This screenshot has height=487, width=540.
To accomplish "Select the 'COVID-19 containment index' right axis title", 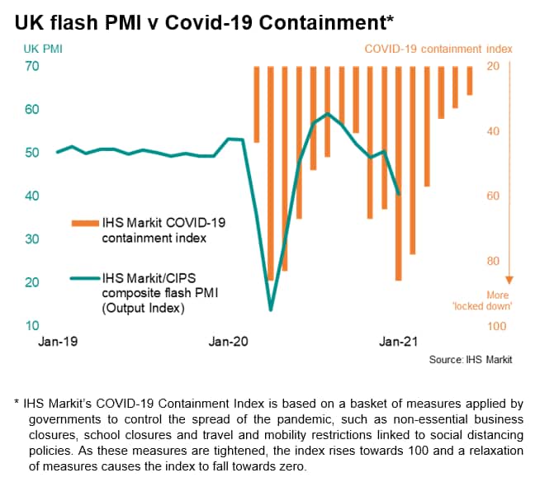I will point(438,49).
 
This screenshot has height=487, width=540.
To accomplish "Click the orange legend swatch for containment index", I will point(84,223).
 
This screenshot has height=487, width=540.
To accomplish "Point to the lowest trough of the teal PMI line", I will point(271,310).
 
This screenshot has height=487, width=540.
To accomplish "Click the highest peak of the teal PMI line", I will point(328,114).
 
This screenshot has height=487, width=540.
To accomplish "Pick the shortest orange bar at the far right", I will point(470,81).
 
